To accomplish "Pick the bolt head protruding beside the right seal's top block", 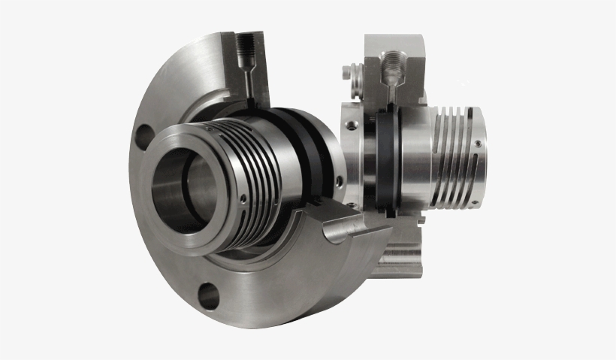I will point(348,73).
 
